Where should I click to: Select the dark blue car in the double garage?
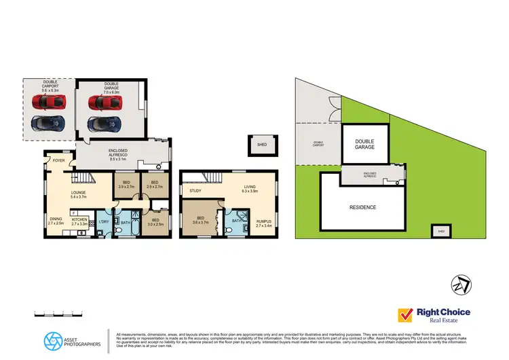point(105,124)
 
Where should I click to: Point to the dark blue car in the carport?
point(48,124)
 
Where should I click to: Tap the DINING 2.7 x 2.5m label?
point(56,221)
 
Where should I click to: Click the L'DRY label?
point(104,222)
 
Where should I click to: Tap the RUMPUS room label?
point(263,222)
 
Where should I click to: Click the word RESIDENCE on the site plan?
point(362,207)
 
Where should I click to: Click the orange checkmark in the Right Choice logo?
point(406,315)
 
